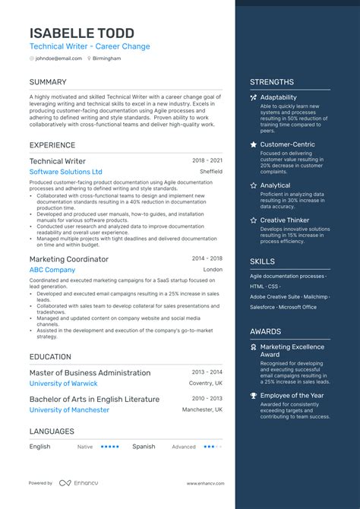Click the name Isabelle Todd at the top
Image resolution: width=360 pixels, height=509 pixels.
pyautogui.click(x=82, y=33)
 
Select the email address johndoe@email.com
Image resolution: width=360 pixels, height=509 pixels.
pyautogui.click(x=59, y=58)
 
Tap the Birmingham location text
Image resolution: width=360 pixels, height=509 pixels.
pyautogui.click(x=106, y=58)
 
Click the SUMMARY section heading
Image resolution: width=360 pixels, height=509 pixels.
pyautogui.click(x=48, y=82)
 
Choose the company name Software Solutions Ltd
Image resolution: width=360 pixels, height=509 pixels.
pyautogui.click(x=65, y=172)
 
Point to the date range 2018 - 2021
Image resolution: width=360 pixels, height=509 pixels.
pyautogui.click(x=207, y=161)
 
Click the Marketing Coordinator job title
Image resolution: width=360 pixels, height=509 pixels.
pyautogui.click(x=69, y=259)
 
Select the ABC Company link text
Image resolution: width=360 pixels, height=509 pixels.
pyautogui.click(x=52, y=270)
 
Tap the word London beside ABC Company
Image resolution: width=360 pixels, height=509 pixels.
pyautogui.click(x=213, y=270)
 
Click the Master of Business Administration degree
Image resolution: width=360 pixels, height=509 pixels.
pyautogui.click(x=90, y=373)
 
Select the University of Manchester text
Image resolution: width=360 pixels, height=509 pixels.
pyautogui.click(x=69, y=409)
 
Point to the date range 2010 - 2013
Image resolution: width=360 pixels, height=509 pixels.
pyautogui.click(x=207, y=399)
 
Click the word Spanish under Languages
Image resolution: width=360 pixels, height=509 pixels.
pyautogui.click(x=144, y=447)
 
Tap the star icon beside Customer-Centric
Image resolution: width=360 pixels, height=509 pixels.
pyautogui.click(x=253, y=144)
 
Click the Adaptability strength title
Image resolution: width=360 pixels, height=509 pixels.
pyautogui.click(x=279, y=97)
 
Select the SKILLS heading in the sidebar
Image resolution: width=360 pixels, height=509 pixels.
pyautogui.click(x=262, y=261)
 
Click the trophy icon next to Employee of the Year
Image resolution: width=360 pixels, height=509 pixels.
pyautogui.click(x=253, y=396)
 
